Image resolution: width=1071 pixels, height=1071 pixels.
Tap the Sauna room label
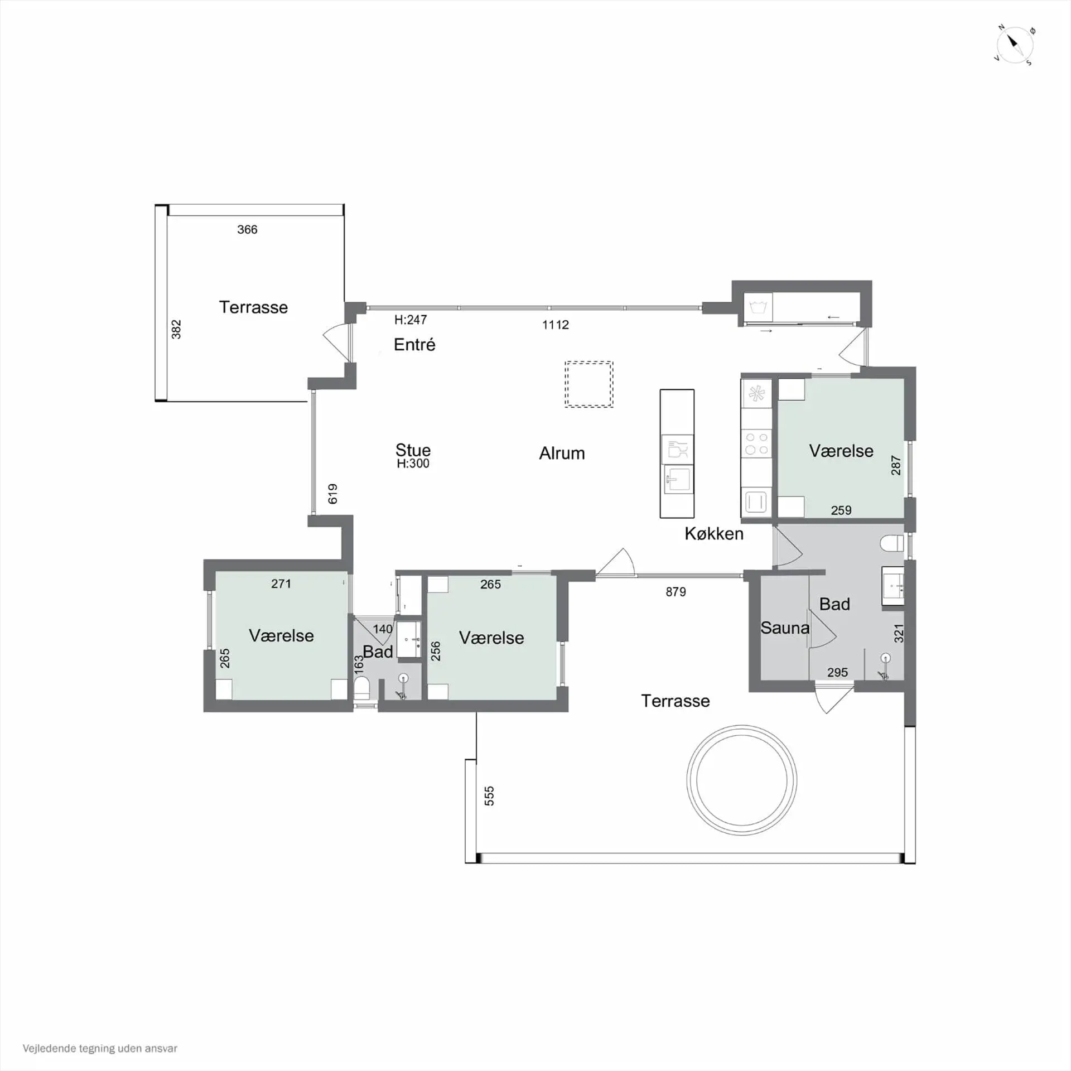coord(785,628)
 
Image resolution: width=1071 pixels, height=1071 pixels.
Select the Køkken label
coord(714,534)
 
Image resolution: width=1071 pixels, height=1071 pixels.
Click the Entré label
coord(414,344)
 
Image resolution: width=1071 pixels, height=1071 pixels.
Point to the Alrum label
coord(562,453)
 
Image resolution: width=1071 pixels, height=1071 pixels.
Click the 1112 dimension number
coord(556,325)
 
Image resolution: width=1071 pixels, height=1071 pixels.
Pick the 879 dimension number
coord(676,592)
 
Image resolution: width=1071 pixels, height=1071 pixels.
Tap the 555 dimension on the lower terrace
coord(489,796)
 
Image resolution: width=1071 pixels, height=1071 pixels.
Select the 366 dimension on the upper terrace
coord(247,229)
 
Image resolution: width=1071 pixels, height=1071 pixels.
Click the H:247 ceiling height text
coord(411,320)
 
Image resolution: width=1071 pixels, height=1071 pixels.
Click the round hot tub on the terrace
coord(742,780)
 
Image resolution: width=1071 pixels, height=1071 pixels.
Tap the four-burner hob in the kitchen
coord(756,444)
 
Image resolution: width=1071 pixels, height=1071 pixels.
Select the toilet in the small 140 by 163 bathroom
coord(361,688)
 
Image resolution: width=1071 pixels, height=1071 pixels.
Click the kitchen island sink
coord(678,479)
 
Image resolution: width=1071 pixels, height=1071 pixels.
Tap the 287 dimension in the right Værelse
coord(896,465)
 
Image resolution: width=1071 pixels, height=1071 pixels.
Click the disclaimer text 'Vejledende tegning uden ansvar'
coord(100,1048)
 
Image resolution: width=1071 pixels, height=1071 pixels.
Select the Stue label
coord(413,450)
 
